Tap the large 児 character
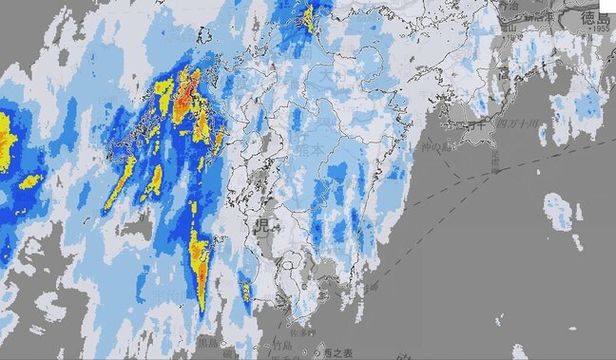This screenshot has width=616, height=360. point(261,226)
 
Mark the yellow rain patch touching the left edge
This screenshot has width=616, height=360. point(6,142)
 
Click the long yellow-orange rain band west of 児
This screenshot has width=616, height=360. point(198,261)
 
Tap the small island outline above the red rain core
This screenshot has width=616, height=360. point(202,37)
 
